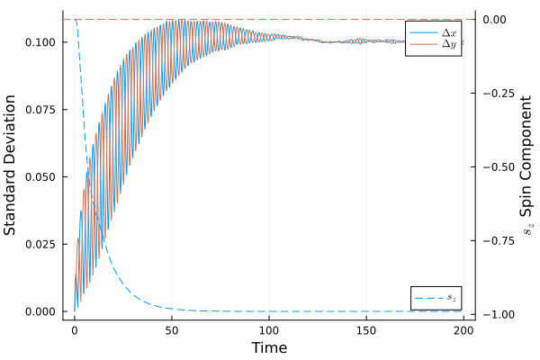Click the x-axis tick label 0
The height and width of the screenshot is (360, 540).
tap(75, 330)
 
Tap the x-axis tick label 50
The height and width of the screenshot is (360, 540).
tap(172, 330)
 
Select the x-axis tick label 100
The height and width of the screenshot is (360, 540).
tap(269, 330)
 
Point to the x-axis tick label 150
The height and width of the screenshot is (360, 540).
tap(366, 330)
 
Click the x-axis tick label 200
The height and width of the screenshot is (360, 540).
tap(463, 330)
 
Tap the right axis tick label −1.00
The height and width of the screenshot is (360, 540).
tap(498, 314)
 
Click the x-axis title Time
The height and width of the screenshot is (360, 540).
tap(269, 347)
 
